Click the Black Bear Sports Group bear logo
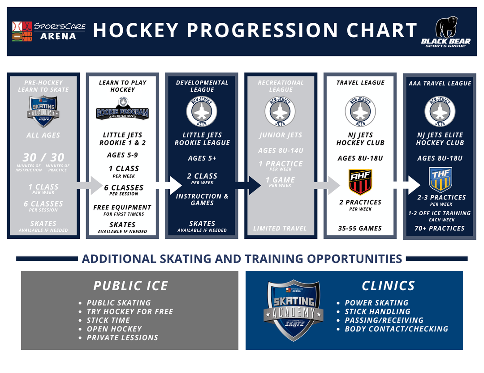445,32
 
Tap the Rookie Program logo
122,111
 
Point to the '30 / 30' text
43,157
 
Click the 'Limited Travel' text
280,228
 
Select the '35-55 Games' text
360,228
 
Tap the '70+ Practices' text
440,228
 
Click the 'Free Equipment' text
122,207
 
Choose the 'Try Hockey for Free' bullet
130,311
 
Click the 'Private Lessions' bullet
122,337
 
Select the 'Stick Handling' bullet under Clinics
377,311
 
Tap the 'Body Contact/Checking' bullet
396,329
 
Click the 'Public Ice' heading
130,286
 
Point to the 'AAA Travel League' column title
440,83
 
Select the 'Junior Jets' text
280,135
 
